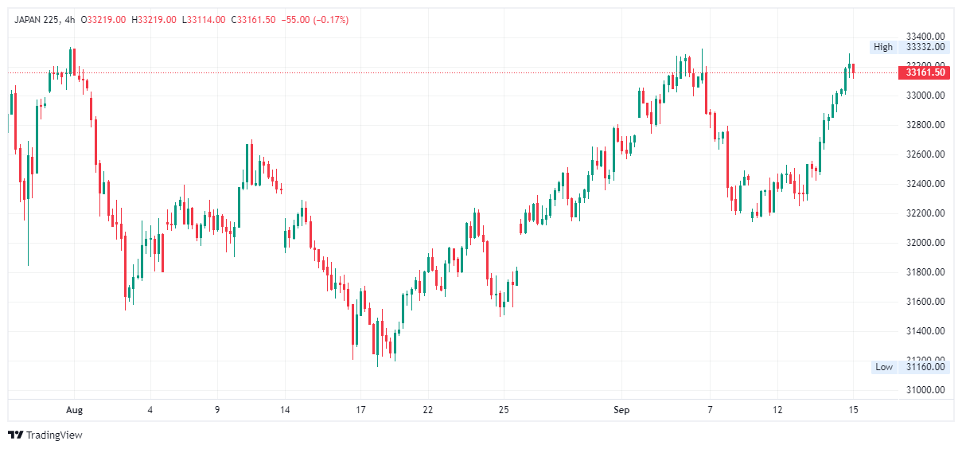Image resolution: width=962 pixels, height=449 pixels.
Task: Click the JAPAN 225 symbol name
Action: point(38,20)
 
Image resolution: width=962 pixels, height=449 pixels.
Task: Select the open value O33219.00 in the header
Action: point(103,20)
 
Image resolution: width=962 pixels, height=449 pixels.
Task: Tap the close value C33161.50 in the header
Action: point(253,20)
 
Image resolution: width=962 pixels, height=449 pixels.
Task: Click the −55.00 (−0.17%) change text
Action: point(314,20)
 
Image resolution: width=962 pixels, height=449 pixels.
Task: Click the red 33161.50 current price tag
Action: point(923,72)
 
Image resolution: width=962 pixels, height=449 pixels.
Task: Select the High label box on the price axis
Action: point(883,47)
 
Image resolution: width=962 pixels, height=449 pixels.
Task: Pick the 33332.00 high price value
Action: point(925,47)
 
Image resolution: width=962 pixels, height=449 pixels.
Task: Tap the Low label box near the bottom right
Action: point(884,367)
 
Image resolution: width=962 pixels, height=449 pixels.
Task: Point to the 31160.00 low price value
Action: point(925,367)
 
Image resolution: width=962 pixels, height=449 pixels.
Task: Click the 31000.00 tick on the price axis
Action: point(925,390)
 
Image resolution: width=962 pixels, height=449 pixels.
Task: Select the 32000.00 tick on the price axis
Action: point(925,243)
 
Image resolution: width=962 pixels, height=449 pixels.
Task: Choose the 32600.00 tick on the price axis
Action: point(925,154)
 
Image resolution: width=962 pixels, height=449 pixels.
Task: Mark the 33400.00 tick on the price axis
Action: point(925,37)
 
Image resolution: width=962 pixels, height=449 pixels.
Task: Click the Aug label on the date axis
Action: point(74,410)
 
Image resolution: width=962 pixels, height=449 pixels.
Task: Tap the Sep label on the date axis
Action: point(621,410)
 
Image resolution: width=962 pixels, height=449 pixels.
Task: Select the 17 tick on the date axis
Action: point(360,410)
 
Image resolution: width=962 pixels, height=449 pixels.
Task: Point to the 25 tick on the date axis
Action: point(504,410)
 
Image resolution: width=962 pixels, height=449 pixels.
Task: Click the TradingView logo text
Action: point(54,435)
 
